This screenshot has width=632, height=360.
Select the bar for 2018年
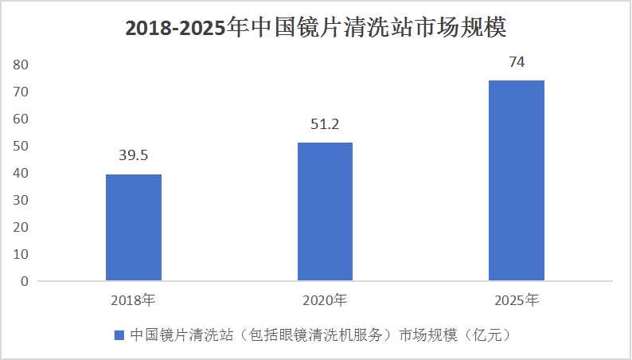pyautogui.click(x=134, y=227)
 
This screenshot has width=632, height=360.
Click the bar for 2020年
pyautogui.click(x=326, y=212)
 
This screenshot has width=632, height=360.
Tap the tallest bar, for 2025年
pyautogui.click(x=517, y=181)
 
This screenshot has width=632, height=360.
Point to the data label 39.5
pyautogui.click(x=134, y=155)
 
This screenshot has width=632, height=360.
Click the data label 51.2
pyautogui.click(x=325, y=124)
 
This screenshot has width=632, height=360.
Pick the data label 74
pyautogui.click(x=517, y=62)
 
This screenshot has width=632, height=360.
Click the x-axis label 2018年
pyautogui.click(x=134, y=300)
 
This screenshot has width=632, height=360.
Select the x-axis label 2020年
pyautogui.click(x=325, y=300)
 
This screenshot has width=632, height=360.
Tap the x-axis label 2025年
pyautogui.click(x=517, y=300)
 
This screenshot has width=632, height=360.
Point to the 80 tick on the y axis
pyautogui.click(x=21, y=65)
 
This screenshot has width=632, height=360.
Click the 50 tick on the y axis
pyautogui.click(x=21, y=146)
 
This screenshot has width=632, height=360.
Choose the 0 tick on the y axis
pyautogui.click(x=25, y=281)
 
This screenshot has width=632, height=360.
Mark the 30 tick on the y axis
pyautogui.click(x=21, y=200)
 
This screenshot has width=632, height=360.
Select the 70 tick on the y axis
pyautogui.click(x=21, y=92)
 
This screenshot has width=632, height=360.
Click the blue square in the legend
pyautogui.click(x=119, y=335)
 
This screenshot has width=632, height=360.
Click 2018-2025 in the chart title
pyautogui.click(x=174, y=29)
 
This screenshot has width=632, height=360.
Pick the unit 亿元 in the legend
pyautogui.click(x=488, y=335)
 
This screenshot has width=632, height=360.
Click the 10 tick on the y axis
pyautogui.click(x=21, y=254)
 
